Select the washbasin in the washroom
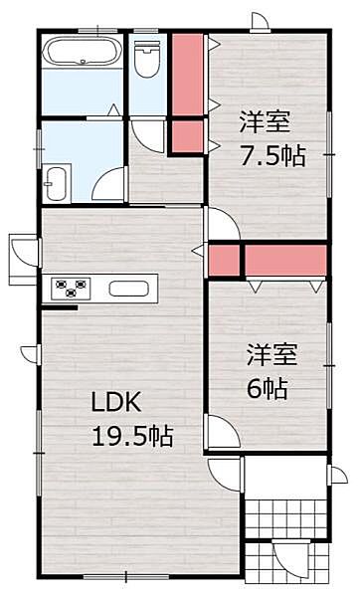pos(56,182)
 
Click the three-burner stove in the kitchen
pos(71,289)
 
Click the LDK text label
pos(118,404)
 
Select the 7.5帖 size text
pos(271,155)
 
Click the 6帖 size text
pos(268,388)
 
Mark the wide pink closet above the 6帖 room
pos(284,259)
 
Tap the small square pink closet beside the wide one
pos(224,259)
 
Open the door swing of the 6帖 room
pos(222,431)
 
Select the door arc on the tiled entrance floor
pos(287,557)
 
